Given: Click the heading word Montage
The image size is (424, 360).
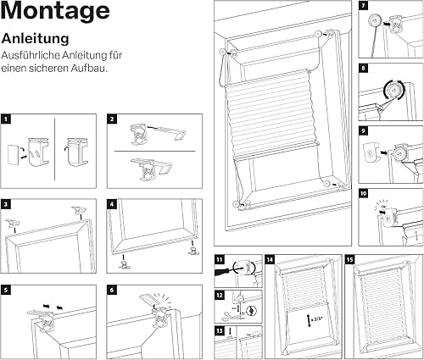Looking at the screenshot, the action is click(55, 11).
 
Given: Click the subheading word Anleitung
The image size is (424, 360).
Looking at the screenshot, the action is click(36, 39).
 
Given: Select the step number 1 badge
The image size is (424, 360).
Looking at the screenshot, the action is click(6, 119).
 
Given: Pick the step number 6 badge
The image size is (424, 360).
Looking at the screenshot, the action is click(112, 290).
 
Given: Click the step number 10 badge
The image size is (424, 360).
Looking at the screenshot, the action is click(363, 193).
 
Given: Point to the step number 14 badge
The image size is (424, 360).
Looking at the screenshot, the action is click(270, 259).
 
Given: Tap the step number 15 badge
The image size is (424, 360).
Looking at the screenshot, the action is click(350, 259).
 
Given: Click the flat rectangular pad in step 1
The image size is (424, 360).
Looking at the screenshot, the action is click(12, 155).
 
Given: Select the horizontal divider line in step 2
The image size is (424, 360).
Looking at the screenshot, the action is click(154, 151).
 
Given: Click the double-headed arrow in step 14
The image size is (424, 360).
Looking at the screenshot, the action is click(309, 321).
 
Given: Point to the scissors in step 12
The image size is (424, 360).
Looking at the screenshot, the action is click(231, 315).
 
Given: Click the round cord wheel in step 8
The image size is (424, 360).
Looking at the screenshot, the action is click(393, 91).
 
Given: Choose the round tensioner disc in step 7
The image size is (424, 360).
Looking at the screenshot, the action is click(375, 21).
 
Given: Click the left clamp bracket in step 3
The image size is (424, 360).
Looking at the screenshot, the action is click(13, 223).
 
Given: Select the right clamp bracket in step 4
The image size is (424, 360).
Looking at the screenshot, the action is click(193, 251).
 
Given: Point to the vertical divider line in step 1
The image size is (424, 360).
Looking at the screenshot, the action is click(54, 149).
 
